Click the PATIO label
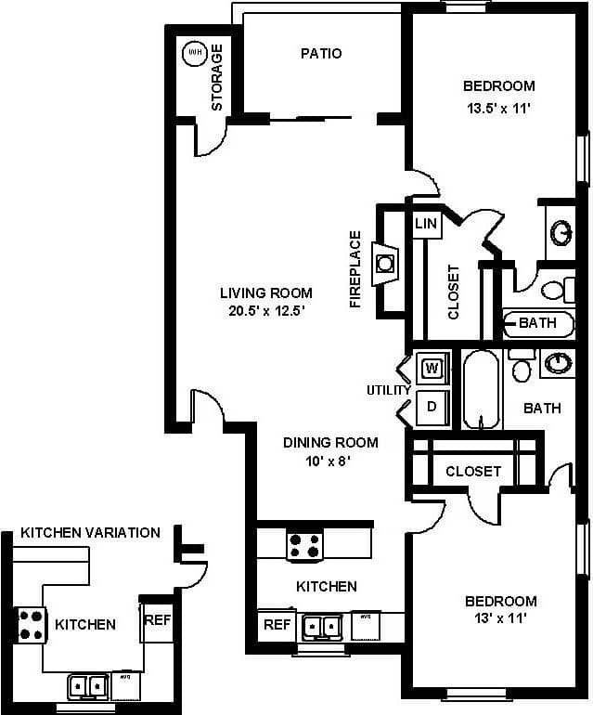321,53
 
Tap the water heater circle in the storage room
194,53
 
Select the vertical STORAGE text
217,78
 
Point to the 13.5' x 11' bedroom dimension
498,108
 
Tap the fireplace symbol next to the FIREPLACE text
385,263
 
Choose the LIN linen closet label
426,224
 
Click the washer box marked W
432,369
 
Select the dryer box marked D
432,405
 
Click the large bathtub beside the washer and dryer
481,389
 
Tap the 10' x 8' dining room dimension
317,461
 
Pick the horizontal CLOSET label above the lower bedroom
472,472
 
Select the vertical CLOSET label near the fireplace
454,292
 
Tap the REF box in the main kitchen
277,625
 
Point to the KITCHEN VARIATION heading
90,533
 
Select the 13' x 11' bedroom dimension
500,618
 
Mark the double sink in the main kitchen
321,627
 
